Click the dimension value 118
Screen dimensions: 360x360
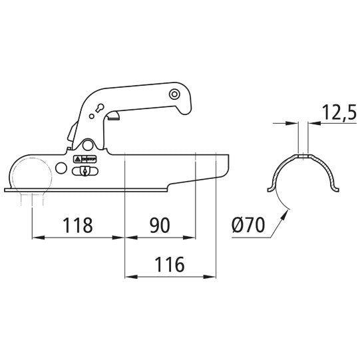pyautogui.click(x=78, y=225)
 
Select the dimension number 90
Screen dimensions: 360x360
pyautogui.click(x=160, y=225)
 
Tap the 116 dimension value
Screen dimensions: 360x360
pyautogui.click(x=170, y=264)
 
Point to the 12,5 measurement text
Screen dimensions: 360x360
pyautogui.click(x=339, y=112)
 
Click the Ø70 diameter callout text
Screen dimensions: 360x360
pyautogui.click(x=248, y=225)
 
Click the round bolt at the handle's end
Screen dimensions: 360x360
pyautogui.click(x=174, y=94)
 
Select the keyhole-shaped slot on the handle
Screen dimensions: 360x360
pyautogui.click(x=100, y=108)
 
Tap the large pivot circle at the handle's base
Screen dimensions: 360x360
pyautogui.click(x=87, y=145)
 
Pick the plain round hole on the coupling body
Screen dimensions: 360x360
pyautogui.click(x=61, y=168)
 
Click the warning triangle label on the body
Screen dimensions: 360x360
pyautogui.click(x=77, y=159)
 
